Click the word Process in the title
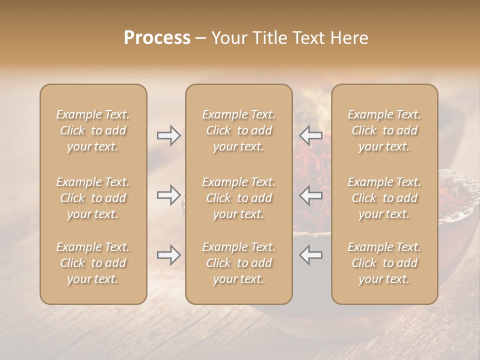coord(157,38)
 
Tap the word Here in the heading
coord(349,38)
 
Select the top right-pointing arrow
coord(168,135)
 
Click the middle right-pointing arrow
coord(168,194)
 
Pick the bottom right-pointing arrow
coord(168,255)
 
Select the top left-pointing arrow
coord(311,135)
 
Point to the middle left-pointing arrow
coord(311,194)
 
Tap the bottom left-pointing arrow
coord(311,255)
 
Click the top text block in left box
coord(93,130)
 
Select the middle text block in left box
coord(93,198)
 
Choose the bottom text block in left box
coord(93,263)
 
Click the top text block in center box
coord(238,130)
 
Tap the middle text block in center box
coord(238,198)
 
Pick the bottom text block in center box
coord(238,263)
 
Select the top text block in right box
coord(384,130)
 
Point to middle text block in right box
coord(384,198)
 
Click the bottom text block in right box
coord(384,263)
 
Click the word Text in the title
coord(305,38)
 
